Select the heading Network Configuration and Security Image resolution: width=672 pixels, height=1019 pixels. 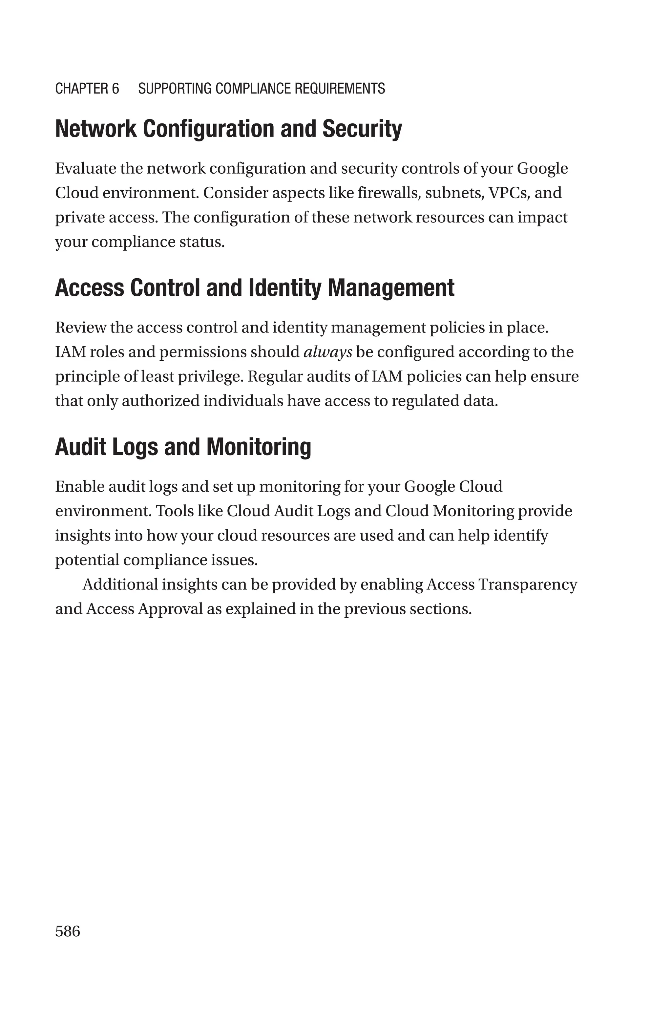[228, 129]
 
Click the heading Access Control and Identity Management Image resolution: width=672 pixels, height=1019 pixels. [255, 287]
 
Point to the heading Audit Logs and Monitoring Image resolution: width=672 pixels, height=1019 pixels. [183, 447]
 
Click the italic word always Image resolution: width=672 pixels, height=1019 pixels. [327, 352]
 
